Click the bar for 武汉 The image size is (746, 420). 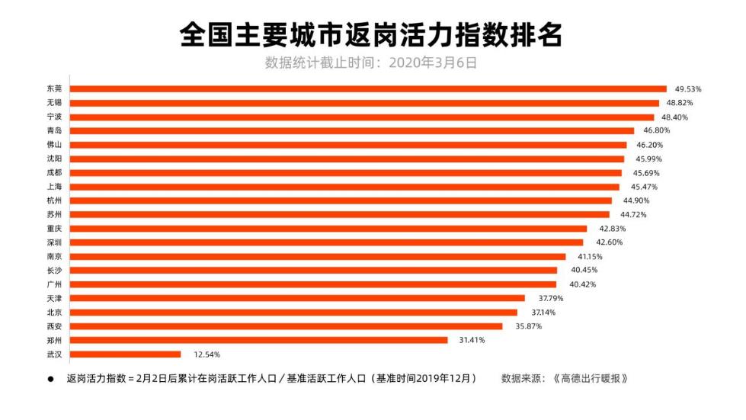[126, 354]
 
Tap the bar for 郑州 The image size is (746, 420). [259, 340]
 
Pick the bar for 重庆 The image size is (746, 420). [328, 229]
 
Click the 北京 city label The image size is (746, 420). [54, 313]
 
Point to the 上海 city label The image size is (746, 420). [54, 187]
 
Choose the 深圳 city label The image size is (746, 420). [54, 242]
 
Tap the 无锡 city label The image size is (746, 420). [54, 103]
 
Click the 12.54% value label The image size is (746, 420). [206, 354]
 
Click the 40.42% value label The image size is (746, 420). [582, 284]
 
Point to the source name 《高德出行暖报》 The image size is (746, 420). [593, 378]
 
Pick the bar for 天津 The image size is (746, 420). [298, 298]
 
